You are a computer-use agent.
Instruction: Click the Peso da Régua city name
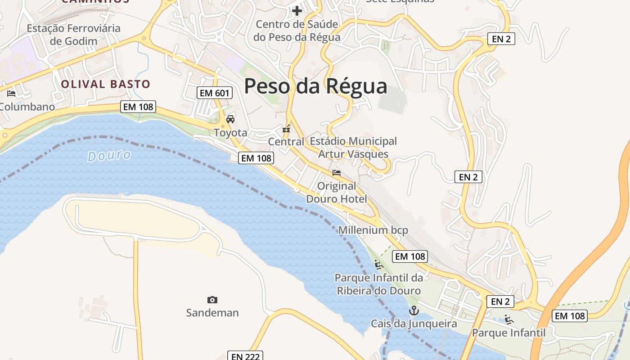[x=315, y=86]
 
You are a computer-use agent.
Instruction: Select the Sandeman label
[x=212, y=313]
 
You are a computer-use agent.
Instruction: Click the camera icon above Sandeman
[x=212, y=300]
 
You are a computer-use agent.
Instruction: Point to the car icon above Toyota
[x=230, y=119]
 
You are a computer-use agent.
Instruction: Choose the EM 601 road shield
[x=215, y=93]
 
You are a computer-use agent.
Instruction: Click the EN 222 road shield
[x=245, y=356]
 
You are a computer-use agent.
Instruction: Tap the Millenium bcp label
[x=373, y=230]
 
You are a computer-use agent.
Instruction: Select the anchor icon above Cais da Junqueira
[x=414, y=310]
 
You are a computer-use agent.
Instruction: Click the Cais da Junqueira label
[x=414, y=324]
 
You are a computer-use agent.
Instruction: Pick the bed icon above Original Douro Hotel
[x=337, y=173]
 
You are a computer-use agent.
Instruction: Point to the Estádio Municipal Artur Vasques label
[x=353, y=148]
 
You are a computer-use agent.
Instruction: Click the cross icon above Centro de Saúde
[x=297, y=11]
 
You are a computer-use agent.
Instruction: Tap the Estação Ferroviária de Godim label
[x=74, y=35]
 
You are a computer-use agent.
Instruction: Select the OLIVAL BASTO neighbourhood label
[x=105, y=84]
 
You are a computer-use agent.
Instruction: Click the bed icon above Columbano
[x=11, y=94]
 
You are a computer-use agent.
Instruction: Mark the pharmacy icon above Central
[x=286, y=129]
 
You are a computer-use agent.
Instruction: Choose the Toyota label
[x=230, y=133]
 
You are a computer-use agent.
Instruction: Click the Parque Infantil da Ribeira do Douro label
[x=379, y=284]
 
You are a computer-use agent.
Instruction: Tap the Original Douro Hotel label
[x=337, y=192]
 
